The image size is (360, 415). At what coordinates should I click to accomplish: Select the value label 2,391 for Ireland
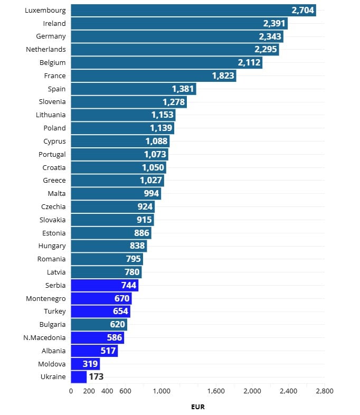pyautogui.click(x=274, y=23)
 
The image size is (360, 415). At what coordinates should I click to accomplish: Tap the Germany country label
pyautogui.click(x=51, y=36)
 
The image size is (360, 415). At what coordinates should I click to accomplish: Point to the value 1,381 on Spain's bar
pyautogui.click(x=183, y=89)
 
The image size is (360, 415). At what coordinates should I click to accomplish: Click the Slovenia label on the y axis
pyautogui.click(x=52, y=102)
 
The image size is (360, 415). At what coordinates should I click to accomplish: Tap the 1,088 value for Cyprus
pyautogui.click(x=156, y=141)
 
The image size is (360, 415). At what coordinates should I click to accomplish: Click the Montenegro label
pyautogui.click(x=46, y=298)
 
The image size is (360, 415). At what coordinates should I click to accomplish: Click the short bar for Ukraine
pyautogui.click(x=79, y=377)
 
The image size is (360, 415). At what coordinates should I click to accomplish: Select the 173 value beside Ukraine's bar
pyautogui.click(x=96, y=377)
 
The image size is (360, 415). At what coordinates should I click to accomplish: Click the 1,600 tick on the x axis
pyautogui.click(x=216, y=391)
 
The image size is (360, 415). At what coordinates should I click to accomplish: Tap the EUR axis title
pyautogui.click(x=197, y=407)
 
